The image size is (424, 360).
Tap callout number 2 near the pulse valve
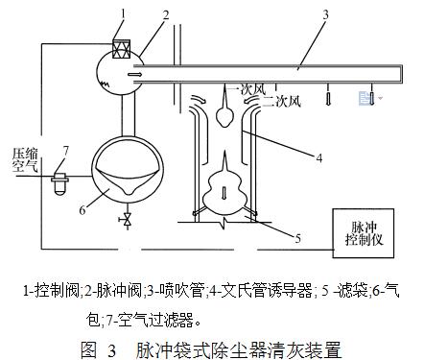(166, 14)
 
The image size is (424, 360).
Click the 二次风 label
(274, 99)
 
